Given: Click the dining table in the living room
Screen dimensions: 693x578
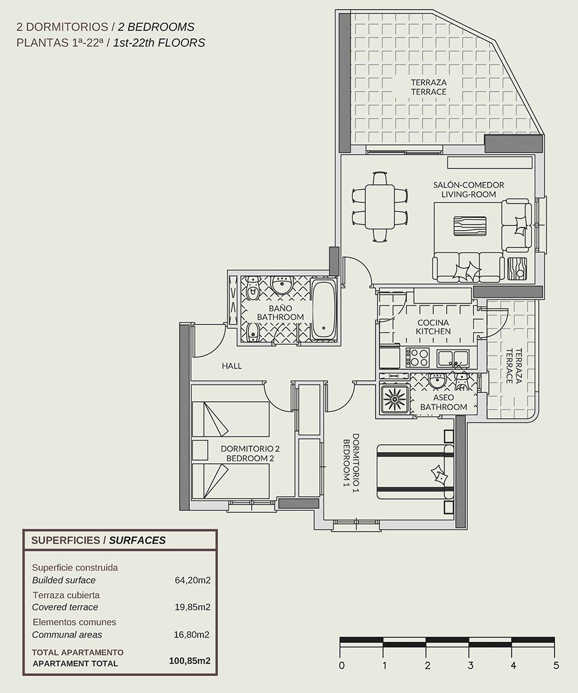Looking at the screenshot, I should (379, 207).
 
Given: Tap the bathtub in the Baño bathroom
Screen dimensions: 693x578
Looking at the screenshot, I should (325, 309).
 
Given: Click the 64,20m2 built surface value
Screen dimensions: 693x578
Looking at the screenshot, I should (192, 580).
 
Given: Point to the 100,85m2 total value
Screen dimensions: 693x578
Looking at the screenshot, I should (190, 661).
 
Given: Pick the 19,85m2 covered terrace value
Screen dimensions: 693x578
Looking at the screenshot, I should (192, 607).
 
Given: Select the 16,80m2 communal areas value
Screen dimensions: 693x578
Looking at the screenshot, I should (192, 635).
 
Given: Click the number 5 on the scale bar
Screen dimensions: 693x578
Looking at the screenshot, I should (556, 666).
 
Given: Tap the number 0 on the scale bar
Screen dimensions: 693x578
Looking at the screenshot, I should (341, 666).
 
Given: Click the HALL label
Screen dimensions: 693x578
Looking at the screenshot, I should (231, 365).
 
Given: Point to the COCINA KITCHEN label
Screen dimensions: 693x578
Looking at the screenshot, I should (433, 327).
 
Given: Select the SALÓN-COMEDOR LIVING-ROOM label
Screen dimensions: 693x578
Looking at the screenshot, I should (468, 189).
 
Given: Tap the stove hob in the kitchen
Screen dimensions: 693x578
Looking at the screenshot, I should (417, 358).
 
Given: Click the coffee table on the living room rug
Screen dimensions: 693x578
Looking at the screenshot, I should (468, 228).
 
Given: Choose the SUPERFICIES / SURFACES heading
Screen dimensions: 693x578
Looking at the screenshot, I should (98, 540).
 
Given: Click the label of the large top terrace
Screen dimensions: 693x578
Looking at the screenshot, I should (429, 87).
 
